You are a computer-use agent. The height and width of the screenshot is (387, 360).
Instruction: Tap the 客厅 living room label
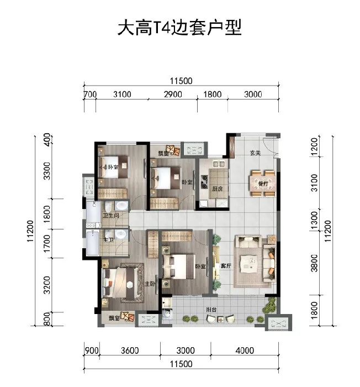[225, 266]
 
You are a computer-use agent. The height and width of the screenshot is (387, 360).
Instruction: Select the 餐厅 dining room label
[262, 182]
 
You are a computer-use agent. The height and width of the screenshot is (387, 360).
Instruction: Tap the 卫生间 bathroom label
[108, 216]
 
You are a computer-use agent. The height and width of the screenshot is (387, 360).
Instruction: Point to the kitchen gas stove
[204, 179]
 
